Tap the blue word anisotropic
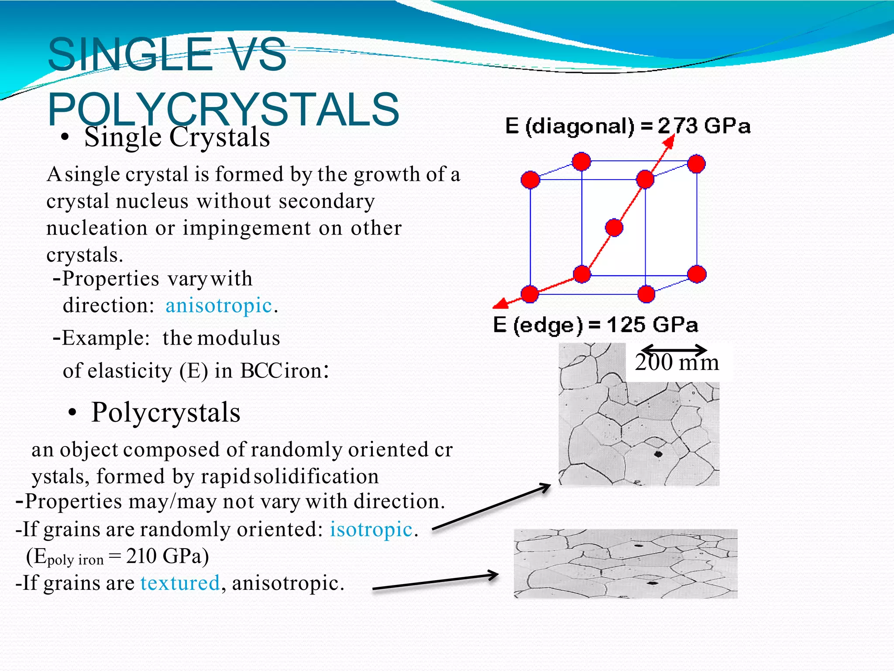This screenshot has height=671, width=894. tap(219, 305)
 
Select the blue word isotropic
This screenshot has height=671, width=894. tap(371, 529)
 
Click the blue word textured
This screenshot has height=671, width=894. tap(180, 583)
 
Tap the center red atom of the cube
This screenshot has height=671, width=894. tap(614, 228)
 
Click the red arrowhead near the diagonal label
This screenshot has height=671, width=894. tap(669, 141)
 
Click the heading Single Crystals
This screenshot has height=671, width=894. tap(177, 137)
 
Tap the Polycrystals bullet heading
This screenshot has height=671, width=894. tap(165, 412)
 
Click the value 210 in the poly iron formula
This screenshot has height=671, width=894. tap(141, 556)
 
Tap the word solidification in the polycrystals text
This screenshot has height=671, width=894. tap(316, 476)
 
